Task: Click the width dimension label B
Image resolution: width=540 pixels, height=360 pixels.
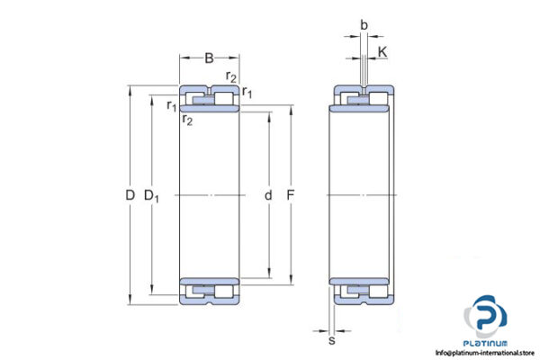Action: coord(209,59)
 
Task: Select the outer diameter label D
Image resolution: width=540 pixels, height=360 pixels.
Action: coord(130,195)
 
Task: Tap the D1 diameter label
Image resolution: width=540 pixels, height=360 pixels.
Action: coord(152,195)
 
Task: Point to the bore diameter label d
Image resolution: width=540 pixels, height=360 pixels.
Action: coord(267,195)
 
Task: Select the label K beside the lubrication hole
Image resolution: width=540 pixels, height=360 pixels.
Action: coord(382,53)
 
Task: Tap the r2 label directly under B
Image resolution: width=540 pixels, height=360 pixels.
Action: coord(231,77)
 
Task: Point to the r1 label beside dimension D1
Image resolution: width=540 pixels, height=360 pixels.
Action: coord(170,106)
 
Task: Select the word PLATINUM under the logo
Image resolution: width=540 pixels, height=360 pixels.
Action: coord(486,343)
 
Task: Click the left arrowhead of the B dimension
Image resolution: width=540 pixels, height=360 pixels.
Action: coord(183,59)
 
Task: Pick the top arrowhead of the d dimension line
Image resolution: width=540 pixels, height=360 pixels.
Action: coord(267,113)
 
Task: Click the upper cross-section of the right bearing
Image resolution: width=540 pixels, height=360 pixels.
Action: coord(364,97)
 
